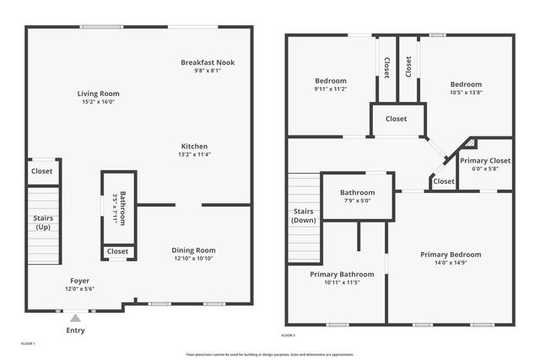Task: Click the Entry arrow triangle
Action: pos(76,318)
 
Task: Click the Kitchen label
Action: pos(194,146)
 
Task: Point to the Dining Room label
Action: pos(194,250)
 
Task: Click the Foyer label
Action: pos(79,281)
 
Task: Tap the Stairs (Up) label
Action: pos(41,223)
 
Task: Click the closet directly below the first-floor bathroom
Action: pos(118,251)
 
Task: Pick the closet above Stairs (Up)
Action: pos(42,171)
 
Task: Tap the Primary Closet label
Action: pos(485,160)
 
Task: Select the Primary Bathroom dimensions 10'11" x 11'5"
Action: pos(335,282)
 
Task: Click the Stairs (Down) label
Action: pos(304,216)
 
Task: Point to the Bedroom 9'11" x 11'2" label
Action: pos(319,83)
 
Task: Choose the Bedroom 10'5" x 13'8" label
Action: pos(466,84)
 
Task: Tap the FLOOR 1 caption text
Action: pos(28,344)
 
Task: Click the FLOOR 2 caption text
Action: pos(289,336)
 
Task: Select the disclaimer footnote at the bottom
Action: pos(269,354)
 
